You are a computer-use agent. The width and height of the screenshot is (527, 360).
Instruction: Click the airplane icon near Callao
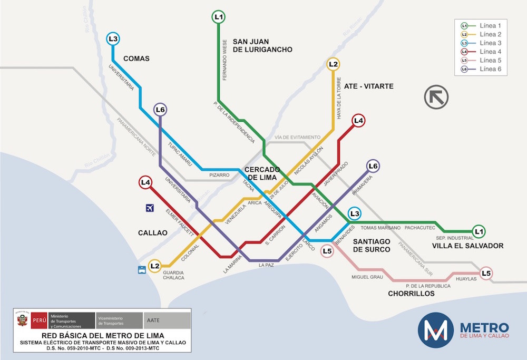pyautogui.click(x=150, y=208)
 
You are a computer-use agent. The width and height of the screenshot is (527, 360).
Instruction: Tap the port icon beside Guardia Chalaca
pyautogui.click(x=141, y=270)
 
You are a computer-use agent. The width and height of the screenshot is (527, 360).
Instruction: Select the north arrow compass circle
pyautogui.click(x=436, y=98)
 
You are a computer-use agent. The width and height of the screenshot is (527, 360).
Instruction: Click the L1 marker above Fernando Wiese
pyautogui.click(x=219, y=17)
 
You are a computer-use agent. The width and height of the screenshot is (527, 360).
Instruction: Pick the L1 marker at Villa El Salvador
pyautogui.click(x=479, y=231)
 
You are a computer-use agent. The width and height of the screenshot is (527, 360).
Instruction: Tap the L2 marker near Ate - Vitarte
pyautogui.click(x=333, y=64)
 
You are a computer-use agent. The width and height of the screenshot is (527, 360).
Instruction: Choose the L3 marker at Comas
pyautogui.click(x=113, y=38)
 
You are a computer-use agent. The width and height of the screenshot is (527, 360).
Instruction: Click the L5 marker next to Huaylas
pyautogui.click(x=486, y=273)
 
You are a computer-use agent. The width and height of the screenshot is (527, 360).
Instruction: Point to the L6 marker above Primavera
pyautogui.click(x=373, y=167)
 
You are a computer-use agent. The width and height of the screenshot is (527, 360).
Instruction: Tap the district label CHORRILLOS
pyautogui.click(x=411, y=294)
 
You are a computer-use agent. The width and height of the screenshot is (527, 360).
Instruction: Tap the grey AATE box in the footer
pyautogui.click(x=167, y=320)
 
